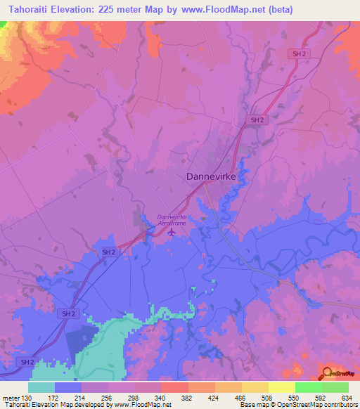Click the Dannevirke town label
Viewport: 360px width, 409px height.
pyautogui.click(x=216, y=177)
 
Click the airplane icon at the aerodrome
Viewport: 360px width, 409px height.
pyautogui.click(x=172, y=232)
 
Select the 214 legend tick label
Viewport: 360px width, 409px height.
pyautogui.click(x=88, y=397)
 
